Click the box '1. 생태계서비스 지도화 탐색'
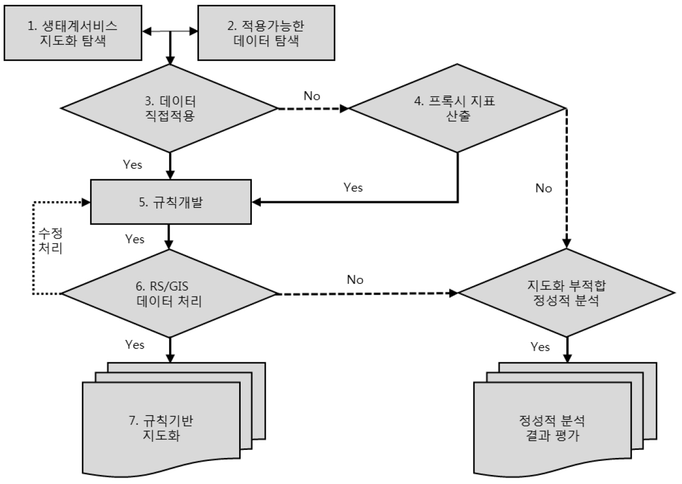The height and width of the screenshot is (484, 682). pos(73,34)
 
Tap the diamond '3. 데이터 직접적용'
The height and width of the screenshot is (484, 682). pos(170,109)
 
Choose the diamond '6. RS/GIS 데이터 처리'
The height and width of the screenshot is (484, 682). pos(170,293)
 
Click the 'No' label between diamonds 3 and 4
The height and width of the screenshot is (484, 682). pos(312,96)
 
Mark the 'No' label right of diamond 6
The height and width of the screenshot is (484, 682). pos(355,279)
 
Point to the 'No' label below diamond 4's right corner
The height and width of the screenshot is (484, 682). pos(544,188)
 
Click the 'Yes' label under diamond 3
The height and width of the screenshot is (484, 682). pos(132,165)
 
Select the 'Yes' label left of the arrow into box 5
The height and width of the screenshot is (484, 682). pos(353,187)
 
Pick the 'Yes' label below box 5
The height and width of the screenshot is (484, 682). pos(134,239)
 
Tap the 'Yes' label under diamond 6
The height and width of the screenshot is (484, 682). pos(134,345)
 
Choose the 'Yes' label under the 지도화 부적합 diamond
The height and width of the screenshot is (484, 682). pos(540,347)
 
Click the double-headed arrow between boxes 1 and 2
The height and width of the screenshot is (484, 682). pos(170,34)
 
